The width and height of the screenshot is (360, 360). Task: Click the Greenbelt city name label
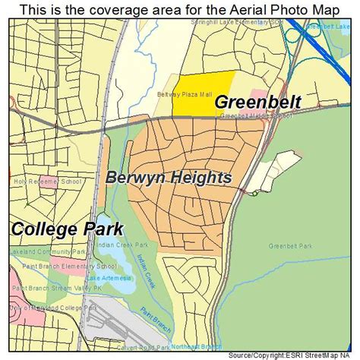tap(257, 102)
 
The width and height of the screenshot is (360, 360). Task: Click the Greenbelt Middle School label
tap(256, 117)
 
